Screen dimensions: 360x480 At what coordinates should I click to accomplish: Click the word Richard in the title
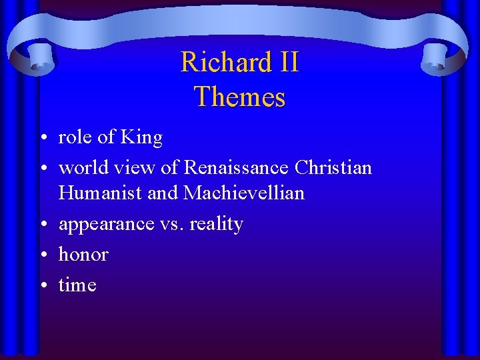point(218,63)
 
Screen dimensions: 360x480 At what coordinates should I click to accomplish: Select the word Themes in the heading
point(240,97)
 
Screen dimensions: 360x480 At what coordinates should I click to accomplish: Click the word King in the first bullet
point(141,138)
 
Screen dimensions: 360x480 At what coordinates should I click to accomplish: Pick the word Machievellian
point(244,193)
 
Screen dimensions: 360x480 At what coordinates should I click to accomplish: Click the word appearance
point(107,225)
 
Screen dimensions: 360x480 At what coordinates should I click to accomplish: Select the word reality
point(216,225)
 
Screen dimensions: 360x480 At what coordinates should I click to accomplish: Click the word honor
point(83,254)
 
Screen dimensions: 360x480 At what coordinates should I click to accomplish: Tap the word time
point(77,285)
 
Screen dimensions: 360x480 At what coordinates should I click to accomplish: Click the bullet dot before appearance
point(42,225)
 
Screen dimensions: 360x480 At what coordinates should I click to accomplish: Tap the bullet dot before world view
point(42,168)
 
